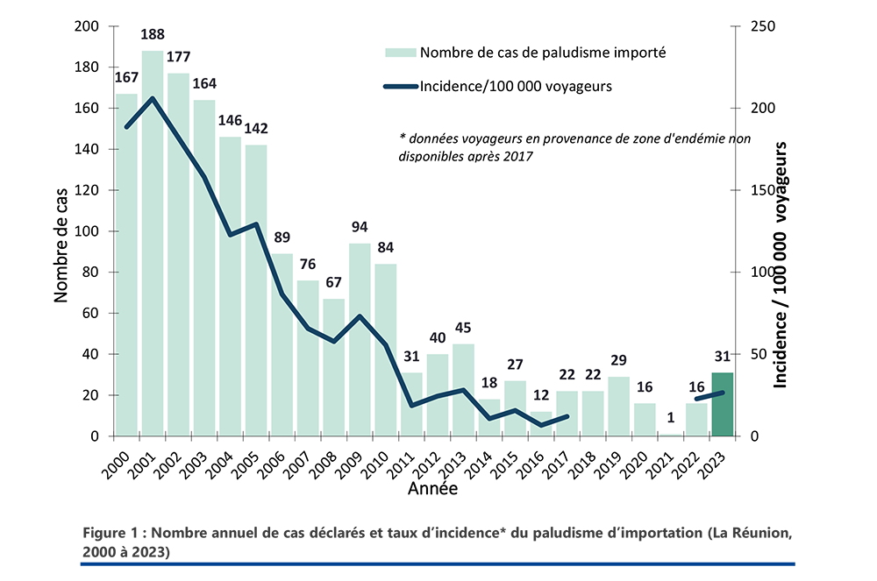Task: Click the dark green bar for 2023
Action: coord(722,405)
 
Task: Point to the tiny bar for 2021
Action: coord(670,435)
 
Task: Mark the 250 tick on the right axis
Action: coord(751,26)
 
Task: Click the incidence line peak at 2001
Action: coord(153,98)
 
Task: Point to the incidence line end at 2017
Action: coord(567,416)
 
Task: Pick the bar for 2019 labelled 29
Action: coord(618,407)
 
